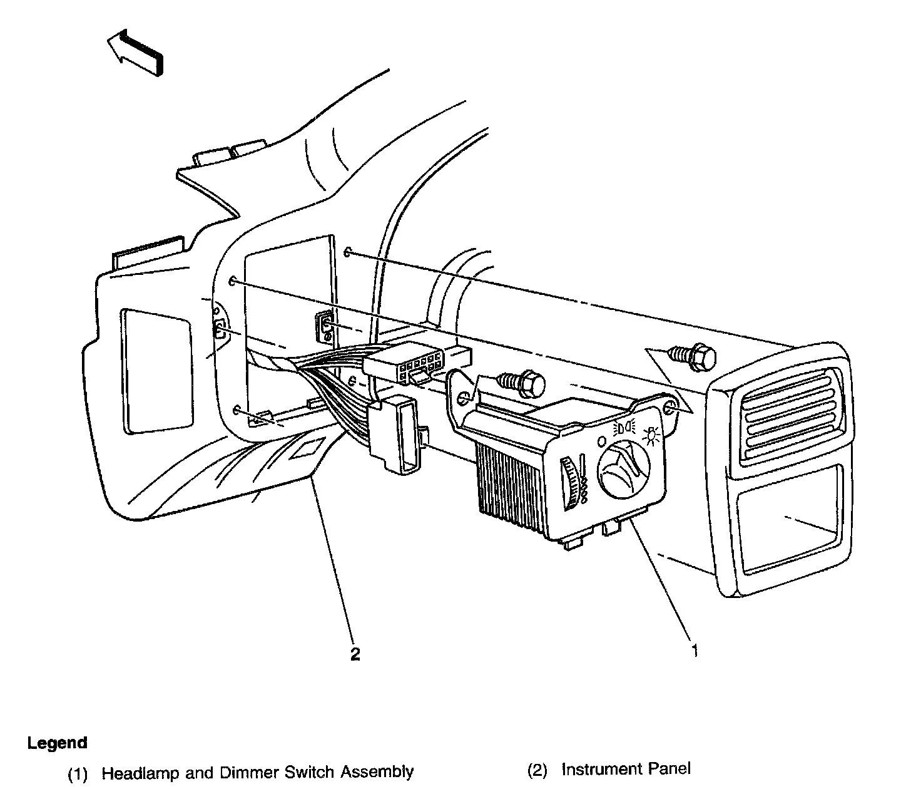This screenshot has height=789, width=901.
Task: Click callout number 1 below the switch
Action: [x=694, y=651]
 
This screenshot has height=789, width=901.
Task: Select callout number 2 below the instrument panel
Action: [x=355, y=655]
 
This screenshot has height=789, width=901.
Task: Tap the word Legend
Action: [x=57, y=743]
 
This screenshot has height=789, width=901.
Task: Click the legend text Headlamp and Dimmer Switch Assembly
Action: [x=257, y=772]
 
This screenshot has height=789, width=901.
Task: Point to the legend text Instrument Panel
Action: [x=626, y=768]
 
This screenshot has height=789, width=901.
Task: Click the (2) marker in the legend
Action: [x=537, y=769]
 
